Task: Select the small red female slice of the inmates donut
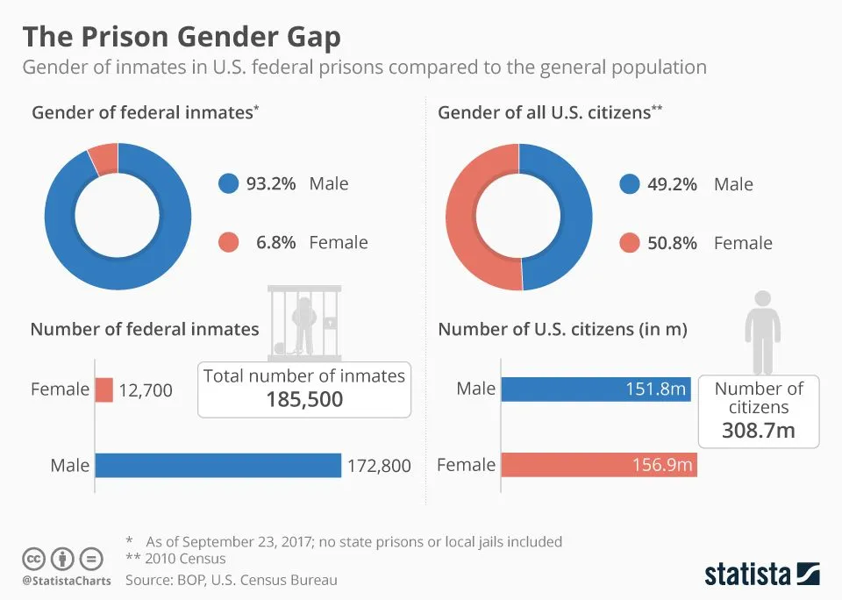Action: tap(103, 158)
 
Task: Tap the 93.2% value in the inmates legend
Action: tap(270, 183)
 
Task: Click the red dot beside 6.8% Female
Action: tap(228, 243)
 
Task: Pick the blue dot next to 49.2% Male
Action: tap(629, 184)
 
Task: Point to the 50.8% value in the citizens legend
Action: tap(672, 243)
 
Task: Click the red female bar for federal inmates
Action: tap(104, 389)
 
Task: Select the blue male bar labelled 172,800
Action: tap(218, 465)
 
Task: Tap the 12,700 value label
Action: tap(146, 389)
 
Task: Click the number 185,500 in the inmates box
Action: tap(304, 400)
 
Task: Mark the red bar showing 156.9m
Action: tap(598, 465)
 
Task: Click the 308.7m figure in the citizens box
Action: tap(759, 430)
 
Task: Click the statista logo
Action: tap(761, 575)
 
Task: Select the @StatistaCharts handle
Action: tap(67, 581)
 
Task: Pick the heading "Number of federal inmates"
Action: tap(145, 330)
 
